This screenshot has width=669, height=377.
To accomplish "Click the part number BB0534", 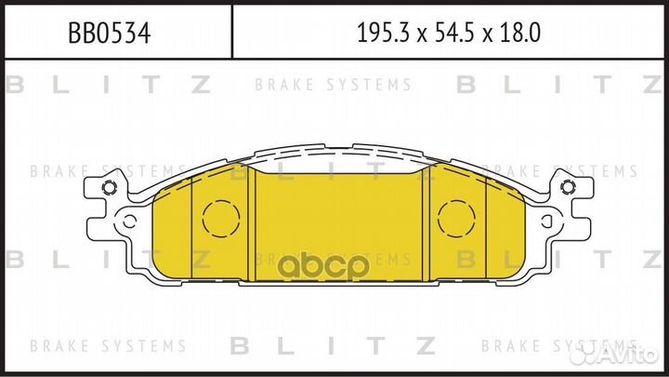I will click(x=110, y=34).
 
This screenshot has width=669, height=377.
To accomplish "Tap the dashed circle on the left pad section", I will click(x=220, y=220).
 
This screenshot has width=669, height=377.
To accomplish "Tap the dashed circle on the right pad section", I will click(x=456, y=220).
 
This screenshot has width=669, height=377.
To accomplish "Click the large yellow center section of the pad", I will click(x=342, y=223).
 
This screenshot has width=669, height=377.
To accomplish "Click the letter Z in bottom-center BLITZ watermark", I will click(x=426, y=346).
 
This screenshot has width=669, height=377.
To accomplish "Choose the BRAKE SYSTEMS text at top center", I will click(x=333, y=86).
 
